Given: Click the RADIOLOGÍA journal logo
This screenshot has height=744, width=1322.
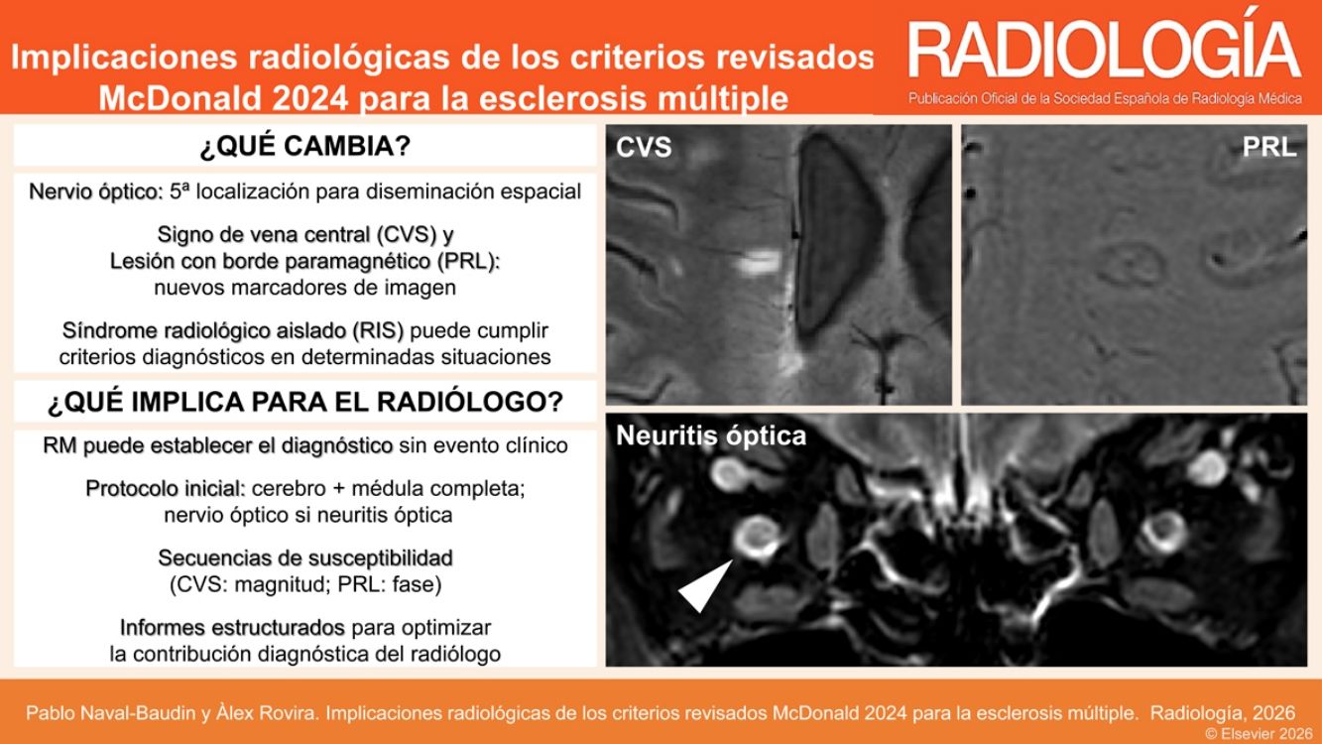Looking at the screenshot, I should point(1104,50).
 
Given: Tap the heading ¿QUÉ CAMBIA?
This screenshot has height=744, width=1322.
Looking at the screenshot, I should point(304,147).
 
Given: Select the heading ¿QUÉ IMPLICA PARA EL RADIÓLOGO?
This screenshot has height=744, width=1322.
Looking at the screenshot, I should point(304,403).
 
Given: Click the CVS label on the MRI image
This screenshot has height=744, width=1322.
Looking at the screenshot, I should point(644,148).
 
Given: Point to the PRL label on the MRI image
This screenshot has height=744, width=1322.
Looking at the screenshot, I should point(1268,147).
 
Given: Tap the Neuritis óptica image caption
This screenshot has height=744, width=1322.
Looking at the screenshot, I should point(711,435).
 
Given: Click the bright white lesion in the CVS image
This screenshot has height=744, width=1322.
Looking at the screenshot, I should point(760,262).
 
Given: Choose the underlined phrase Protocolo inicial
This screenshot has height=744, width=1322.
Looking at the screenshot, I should point(165,489).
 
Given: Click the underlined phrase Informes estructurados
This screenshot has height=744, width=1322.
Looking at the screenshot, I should point(232,628).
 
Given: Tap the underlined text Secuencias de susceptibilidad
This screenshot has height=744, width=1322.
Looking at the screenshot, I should point(304,558).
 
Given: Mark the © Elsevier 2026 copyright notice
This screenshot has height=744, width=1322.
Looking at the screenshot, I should point(1252,733).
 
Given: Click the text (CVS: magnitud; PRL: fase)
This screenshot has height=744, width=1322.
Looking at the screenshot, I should point(304,584).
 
